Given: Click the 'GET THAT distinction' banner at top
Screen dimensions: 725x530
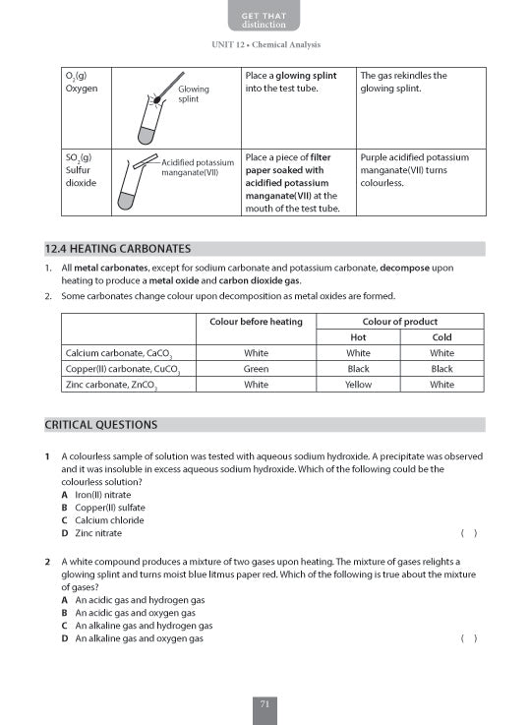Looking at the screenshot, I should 265,19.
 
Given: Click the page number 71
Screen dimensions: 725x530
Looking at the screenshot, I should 265,702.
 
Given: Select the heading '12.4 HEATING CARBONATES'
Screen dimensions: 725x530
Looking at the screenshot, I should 118,249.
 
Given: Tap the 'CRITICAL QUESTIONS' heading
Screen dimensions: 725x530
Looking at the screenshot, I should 101,425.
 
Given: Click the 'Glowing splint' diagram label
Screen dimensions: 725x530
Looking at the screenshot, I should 194,94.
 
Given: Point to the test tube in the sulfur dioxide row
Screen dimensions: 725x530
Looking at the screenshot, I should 126,187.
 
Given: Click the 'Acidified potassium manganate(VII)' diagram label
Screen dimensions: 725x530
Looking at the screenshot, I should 197,167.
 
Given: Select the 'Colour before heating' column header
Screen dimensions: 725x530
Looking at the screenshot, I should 256,322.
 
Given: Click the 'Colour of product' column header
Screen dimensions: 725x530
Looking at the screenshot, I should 399,322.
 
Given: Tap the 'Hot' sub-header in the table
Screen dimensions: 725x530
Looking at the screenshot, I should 358,337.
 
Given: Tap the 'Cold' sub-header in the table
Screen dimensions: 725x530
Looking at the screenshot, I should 442,337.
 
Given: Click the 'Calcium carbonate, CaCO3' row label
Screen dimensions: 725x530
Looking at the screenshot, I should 118,353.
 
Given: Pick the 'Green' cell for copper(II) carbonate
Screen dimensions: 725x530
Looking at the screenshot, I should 256,369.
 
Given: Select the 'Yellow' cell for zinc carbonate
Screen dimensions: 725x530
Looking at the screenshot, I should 358,385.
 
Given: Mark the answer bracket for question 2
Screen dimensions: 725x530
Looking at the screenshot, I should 469,638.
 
